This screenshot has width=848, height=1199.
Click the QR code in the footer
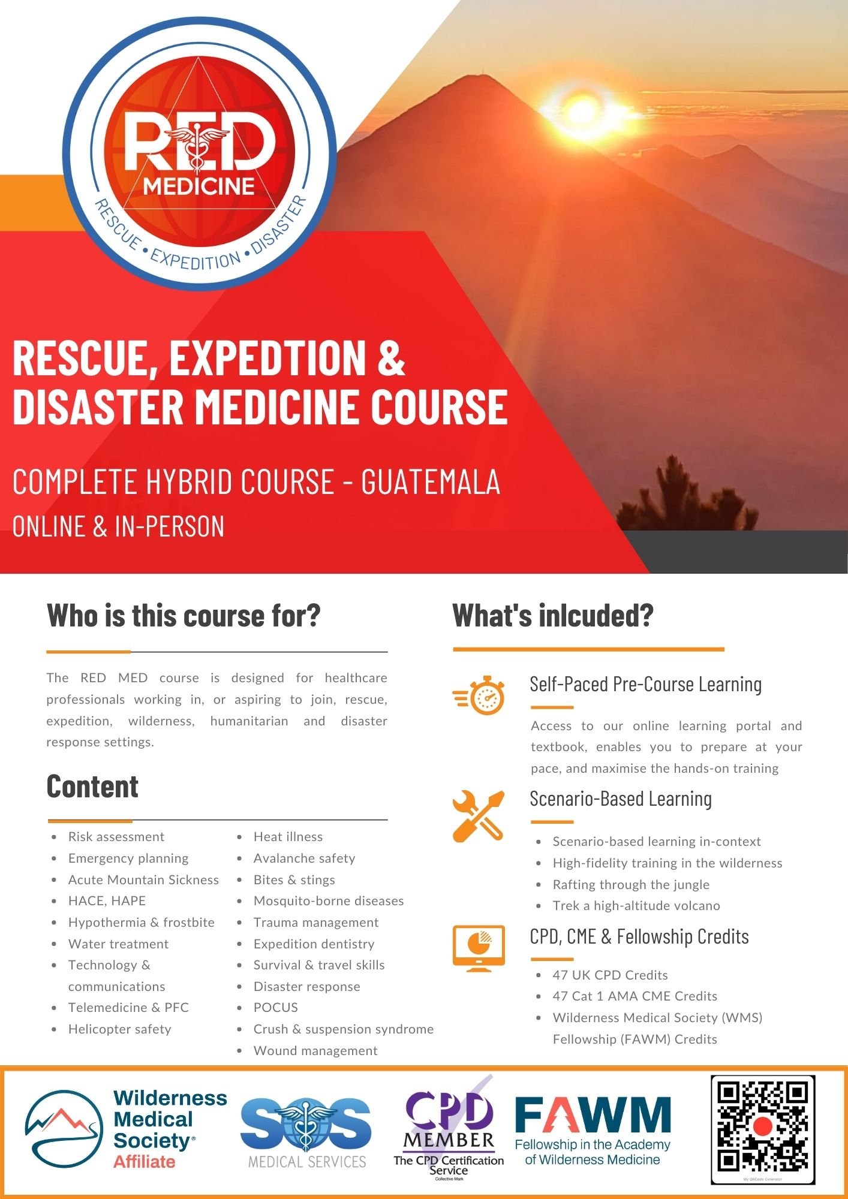tap(762, 1129)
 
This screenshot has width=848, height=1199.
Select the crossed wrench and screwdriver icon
tap(478, 816)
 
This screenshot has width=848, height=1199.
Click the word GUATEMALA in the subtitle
tap(431, 482)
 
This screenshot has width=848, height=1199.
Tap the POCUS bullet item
tap(275, 1007)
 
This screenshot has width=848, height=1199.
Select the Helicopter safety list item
tap(119, 1029)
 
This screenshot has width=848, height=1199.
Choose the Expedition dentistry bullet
tap(314, 944)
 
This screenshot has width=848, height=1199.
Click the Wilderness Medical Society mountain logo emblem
tap(64, 1129)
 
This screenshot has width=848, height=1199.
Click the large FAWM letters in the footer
tap(593, 1116)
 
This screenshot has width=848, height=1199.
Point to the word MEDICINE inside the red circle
tap(199, 186)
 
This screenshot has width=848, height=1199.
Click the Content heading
tap(92, 787)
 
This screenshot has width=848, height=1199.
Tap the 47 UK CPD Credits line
tap(610, 975)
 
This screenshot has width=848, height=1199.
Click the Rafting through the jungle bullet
tap(631, 884)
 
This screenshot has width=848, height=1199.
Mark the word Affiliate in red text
tap(144, 1162)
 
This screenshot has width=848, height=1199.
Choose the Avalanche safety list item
tap(304, 858)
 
